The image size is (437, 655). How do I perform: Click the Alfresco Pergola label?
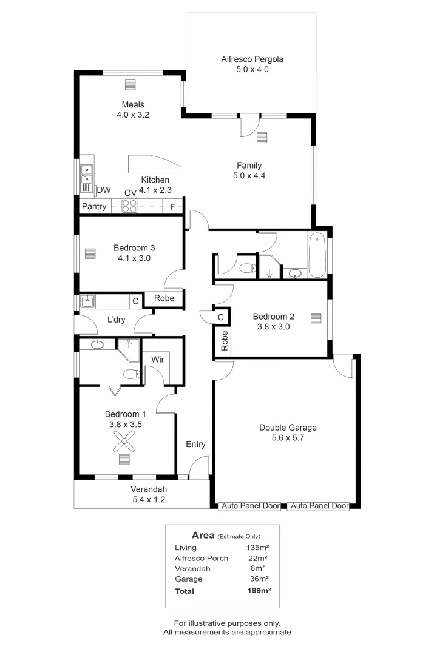point(252,59)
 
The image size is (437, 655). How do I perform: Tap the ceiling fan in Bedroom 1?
point(125,445)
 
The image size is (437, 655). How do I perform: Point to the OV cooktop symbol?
point(130,206)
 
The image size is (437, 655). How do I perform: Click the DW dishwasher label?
point(104,190)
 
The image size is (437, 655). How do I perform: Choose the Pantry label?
point(94,207)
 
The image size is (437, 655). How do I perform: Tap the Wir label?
point(158,360)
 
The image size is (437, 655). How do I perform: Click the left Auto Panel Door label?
point(251,506)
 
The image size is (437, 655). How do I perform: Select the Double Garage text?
point(288,428)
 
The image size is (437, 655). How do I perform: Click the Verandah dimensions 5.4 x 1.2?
point(149,500)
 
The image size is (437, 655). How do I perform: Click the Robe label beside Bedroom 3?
point(164,298)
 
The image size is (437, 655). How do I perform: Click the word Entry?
point(195,445)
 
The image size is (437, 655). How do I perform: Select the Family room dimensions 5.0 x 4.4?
point(249,176)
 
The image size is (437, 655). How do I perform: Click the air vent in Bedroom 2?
point(315,317)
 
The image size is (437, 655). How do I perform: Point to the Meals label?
point(133,104)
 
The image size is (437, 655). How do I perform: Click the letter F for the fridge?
point(172,207)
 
